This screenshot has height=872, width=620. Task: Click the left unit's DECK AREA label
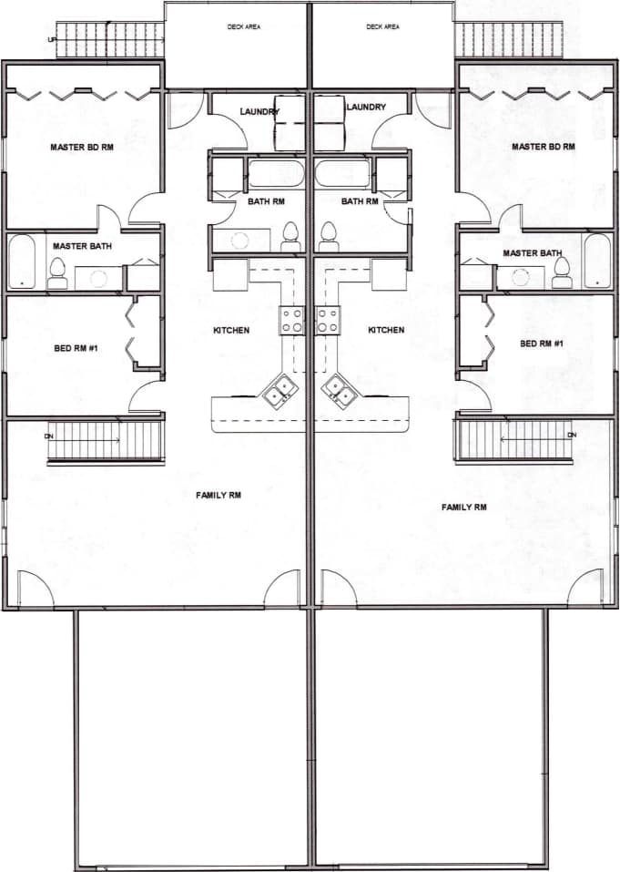point(244,27)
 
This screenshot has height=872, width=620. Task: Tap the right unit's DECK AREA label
point(382,27)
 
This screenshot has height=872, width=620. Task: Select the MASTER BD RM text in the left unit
point(83,147)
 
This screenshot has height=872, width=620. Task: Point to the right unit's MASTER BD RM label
point(544,147)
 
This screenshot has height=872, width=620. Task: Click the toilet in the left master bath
point(57,272)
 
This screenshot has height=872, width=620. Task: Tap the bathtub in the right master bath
point(596,261)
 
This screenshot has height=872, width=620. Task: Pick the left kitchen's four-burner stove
point(291,320)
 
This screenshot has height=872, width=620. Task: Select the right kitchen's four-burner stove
point(328,320)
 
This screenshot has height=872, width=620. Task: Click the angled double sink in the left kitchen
point(280,393)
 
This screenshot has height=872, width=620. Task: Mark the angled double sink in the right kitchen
point(340,393)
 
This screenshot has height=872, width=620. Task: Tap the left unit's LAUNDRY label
point(259,111)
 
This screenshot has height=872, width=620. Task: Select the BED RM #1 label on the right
point(542,344)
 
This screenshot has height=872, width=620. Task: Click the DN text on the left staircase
point(48,436)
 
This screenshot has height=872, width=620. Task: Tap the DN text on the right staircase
point(572,436)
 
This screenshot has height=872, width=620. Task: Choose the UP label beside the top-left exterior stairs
point(52,39)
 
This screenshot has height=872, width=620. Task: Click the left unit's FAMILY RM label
point(219,495)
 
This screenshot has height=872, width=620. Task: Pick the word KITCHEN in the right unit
point(386,330)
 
